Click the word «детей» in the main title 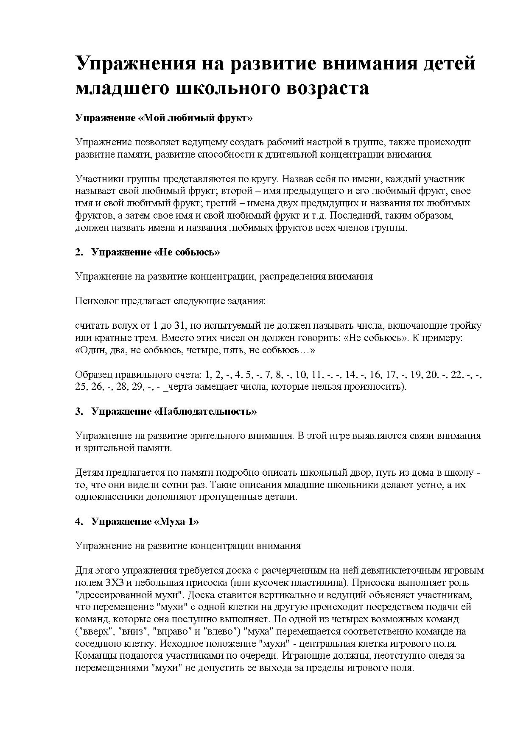click(448, 64)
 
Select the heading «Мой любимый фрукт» click(164, 118)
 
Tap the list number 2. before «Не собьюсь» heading click(79, 252)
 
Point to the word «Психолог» click(97, 301)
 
